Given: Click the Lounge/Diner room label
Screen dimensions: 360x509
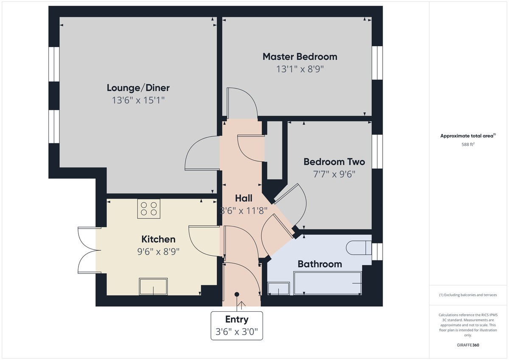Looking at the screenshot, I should [x=138, y=88].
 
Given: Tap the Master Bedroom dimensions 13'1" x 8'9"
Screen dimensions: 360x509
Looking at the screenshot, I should [x=300, y=69].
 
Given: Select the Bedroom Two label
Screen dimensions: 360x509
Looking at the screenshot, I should [x=334, y=162].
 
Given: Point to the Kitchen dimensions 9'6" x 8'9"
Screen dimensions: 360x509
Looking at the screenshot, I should [x=158, y=251].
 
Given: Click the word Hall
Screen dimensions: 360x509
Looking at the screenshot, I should [x=243, y=198].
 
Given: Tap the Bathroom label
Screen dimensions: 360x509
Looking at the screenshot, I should [x=319, y=264].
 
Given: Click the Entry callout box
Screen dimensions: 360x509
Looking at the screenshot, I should [x=237, y=325].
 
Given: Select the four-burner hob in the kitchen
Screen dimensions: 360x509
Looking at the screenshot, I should [x=148, y=208].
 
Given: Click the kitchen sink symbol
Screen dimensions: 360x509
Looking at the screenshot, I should [x=153, y=286].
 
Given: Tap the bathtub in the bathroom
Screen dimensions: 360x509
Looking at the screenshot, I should [x=328, y=283].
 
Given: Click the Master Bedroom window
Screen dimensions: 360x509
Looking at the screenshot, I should [x=377, y=63].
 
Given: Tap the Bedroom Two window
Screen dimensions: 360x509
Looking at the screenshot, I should [x=377, y=151].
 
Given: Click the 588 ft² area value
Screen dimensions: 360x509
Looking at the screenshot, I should [x=468, y=144].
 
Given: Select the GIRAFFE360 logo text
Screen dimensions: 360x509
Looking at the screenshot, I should [x=468, y=345].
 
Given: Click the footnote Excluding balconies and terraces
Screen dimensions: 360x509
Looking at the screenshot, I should [x=467, y=295].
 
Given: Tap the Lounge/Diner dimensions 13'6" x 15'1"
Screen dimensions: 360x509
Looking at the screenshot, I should [x=138, y=100].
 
